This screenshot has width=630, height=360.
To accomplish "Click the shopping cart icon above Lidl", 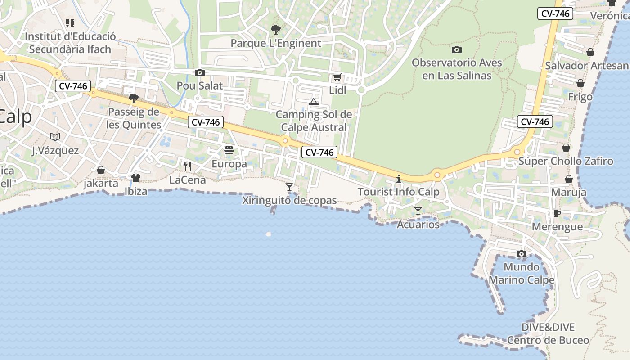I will (x=337, y=77).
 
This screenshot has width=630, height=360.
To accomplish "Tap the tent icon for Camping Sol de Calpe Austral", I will (x=314, y=102).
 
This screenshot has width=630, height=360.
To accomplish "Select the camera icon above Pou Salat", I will (x=200, y=72).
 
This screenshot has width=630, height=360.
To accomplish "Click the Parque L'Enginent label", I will (x=276, y=43).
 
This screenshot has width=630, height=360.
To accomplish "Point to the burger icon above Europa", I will (x=229, y=150).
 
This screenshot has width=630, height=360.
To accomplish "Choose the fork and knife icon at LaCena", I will (x=188, y=166).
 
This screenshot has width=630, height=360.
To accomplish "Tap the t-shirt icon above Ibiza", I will (x=136, y=178).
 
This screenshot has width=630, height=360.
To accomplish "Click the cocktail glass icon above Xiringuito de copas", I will (x=289, y=187).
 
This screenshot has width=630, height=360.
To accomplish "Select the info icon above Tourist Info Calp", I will (x=399, y=179).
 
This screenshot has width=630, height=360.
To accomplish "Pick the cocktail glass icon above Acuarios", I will (x=418, y=211).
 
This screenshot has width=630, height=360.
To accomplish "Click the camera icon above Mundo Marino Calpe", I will (x=522, y=254).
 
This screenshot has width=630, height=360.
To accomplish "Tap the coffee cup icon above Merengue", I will (x=557, y=213).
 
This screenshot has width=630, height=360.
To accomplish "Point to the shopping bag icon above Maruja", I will (x=569, y=179).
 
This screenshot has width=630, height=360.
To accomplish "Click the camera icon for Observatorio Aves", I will (x=457, y=49).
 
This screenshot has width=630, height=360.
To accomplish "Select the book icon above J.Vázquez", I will (x=55, y=137).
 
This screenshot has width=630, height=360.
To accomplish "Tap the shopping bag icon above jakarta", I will (x=101, y=170).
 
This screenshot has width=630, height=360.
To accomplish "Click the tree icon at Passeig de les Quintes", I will (x=133, y=98).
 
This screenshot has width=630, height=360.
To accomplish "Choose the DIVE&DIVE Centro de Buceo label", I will (x=548, y=333).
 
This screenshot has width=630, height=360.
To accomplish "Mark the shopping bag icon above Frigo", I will (x=580, y=83).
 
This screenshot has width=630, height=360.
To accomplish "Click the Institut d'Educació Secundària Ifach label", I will (x=70, y=43).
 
